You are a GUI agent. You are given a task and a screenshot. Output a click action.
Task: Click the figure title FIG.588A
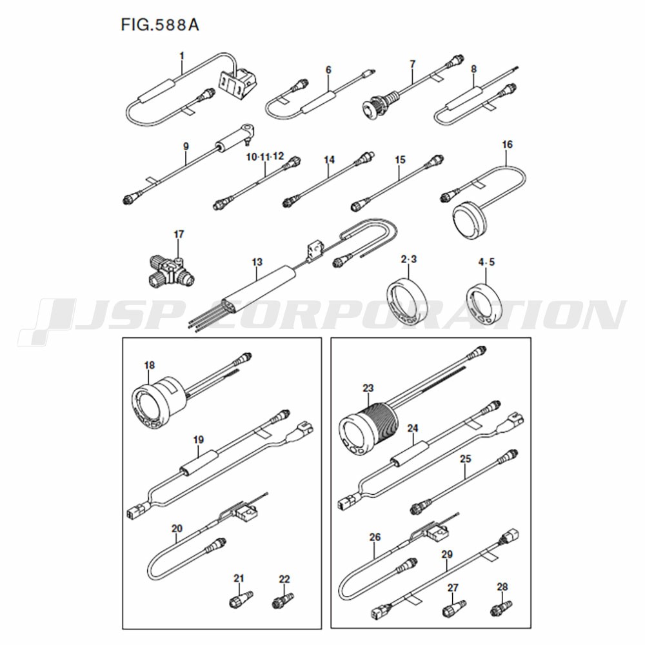coord(159,25)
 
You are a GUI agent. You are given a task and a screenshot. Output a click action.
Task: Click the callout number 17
coord(179,235)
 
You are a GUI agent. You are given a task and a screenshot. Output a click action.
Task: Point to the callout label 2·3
coord(409,259)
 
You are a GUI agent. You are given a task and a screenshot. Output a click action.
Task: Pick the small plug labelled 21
coord(241,599)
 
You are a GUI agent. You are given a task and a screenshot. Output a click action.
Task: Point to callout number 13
coord(257,262)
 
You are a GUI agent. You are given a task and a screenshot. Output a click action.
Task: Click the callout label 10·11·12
coord(265,157)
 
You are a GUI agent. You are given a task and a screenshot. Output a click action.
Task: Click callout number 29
coord(447,554)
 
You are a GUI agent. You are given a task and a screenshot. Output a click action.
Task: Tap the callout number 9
coord(186,146)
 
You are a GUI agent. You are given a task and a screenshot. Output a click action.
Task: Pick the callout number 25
coord(465,459)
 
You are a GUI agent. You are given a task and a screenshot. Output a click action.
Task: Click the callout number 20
coord(177,528)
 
